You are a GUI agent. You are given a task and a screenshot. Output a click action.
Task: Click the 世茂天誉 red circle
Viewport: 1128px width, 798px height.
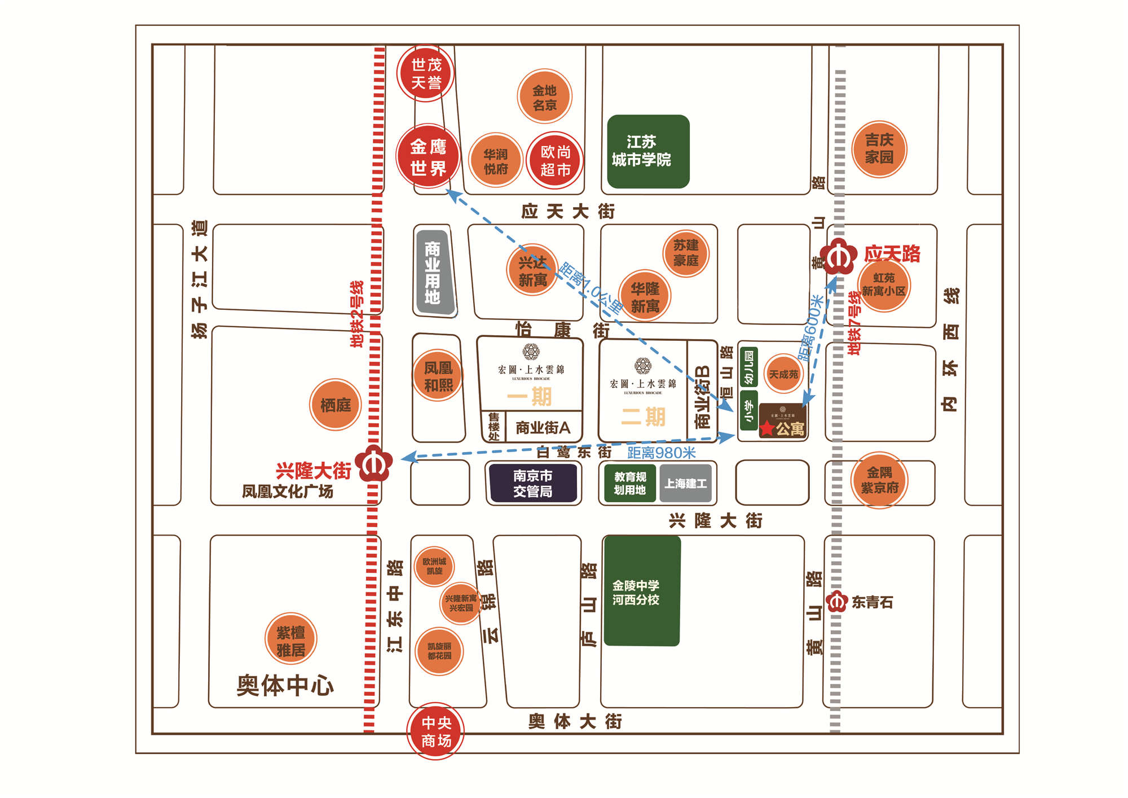pyautogui.click(x=426, y=73)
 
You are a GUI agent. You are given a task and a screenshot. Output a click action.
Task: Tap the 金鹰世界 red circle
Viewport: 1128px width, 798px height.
pyautogui.click(x=428, y=156)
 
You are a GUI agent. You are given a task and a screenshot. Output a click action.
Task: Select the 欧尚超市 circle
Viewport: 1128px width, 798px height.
pyautogui.click(x=555, y=160)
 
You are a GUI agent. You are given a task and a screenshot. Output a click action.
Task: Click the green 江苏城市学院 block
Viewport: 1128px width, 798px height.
pyautogui.click(x=648, y=151)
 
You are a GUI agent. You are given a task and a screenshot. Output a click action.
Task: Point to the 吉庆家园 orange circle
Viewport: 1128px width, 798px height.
pyautogui.click(x=879, y=149)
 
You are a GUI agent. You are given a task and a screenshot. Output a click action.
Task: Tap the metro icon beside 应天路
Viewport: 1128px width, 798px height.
pyautogui.click(x=838, y=257)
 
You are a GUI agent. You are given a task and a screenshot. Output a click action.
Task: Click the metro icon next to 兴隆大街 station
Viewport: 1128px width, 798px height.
pyautogui.click(x=373, y=463)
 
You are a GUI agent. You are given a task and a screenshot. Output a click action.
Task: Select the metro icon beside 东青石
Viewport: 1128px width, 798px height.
pyautogui.click(x=836, y=602)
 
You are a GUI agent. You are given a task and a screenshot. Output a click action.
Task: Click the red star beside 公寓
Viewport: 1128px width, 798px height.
pyautogui.click(x=767, y=428)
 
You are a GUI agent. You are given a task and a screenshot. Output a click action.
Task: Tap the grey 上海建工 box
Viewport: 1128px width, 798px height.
pyautogui.click(x=685, y=483)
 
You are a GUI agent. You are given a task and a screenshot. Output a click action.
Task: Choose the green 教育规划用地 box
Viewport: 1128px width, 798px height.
pyautogui.click(x=630, y=483)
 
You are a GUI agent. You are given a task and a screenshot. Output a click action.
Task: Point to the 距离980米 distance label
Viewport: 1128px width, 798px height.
pyautogui.click(x=661, y=453)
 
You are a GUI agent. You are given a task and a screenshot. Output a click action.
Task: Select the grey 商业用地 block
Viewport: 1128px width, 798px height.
pyautogui.click(x=433, y=272)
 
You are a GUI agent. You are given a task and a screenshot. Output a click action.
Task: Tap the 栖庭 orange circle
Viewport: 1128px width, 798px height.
pyautogui.click(x=336, y=405)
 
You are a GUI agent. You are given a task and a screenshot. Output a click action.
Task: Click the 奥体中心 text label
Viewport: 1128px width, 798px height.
pyautogui.click(x=285, y=685)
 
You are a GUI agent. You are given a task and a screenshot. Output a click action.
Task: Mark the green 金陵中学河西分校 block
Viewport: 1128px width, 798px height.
pyautogui.click(x=641, y=591)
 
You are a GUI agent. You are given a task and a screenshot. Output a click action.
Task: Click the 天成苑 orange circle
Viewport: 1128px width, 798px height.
pyautogui.click(x=783, y=374)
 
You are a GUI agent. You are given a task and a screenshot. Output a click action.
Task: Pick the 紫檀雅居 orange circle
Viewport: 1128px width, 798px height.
pyautogui.click(x=291, y=640)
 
